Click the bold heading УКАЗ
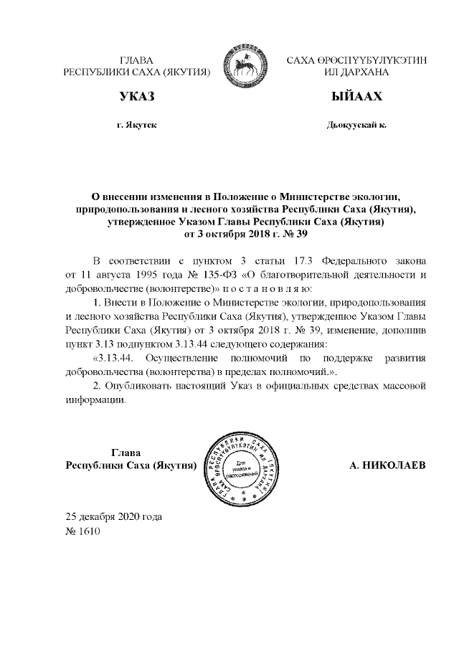[137, 97]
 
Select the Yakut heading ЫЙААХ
[356, 97]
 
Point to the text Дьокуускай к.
[356, 125]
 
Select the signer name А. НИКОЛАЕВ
[387, 465]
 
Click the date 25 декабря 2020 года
[113, 517]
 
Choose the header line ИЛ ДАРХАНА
[356, 72]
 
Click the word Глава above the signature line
[127, 453]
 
